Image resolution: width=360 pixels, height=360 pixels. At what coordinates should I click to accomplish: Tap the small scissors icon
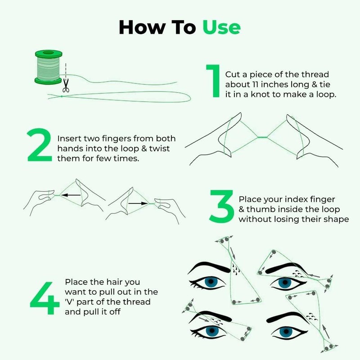(x=66, y=85)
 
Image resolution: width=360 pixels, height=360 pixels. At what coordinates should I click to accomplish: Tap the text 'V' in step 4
(x=72, y=301)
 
